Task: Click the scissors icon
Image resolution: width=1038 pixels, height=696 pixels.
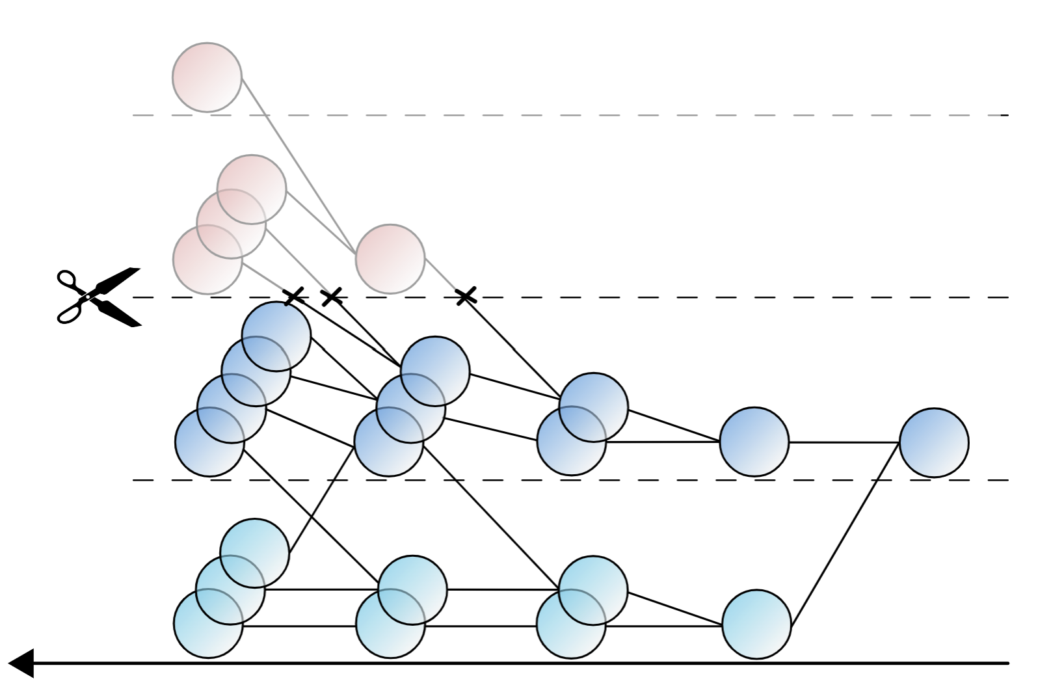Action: pos(99,297)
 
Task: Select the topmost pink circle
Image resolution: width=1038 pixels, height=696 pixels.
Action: pos(207,77)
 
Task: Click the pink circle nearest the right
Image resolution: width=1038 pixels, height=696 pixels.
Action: pos(390,259)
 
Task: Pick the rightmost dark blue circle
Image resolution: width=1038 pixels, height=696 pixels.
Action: pos(934,442)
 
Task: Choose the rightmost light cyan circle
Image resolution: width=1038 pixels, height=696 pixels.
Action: pos(756,624)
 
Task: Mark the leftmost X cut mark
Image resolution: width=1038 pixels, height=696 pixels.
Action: pos(294,297)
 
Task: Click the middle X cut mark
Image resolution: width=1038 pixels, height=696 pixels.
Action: pos(332,297)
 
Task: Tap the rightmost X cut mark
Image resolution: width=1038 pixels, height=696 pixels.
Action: pos(466,297)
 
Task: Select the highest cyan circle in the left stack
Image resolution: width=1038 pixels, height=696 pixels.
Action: pos(255,552)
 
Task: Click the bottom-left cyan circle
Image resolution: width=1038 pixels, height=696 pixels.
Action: pos(208,623)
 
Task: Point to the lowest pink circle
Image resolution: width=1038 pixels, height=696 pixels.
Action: pos(207,260)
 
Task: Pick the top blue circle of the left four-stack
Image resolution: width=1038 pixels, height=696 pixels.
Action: pos(276,336)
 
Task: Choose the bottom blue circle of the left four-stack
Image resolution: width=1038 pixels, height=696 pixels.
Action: pos(209,442)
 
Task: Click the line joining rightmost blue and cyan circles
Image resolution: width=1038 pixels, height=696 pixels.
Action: pos(845,533)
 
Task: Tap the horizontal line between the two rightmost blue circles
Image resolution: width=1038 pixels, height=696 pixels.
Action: pos(844,442)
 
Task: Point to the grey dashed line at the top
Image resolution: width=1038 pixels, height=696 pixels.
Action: pos(585,115)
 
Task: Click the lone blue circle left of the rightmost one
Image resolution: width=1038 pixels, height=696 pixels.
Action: pos(754,442)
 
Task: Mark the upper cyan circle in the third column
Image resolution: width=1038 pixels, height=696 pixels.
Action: pos(592,590)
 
